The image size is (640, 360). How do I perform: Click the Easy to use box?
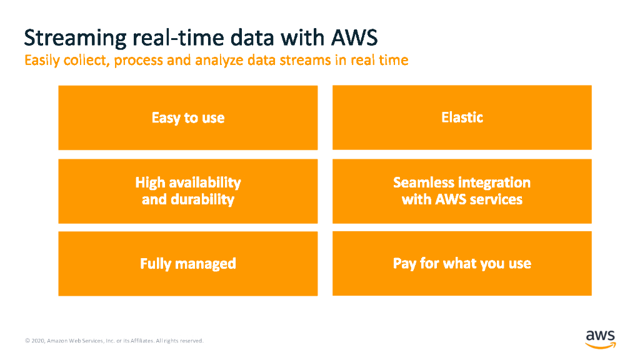click(187, 117)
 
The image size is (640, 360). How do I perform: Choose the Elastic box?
click(462, 117)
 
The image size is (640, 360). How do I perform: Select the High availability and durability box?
click(187, 191)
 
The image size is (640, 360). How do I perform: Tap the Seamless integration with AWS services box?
click(462, 191)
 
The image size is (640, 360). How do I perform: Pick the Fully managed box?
click(187, 264)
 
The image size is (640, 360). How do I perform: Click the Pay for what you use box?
click(462, 264)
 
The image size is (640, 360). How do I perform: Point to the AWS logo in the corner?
click(600, 337)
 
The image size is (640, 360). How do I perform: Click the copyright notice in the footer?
click(114, 341)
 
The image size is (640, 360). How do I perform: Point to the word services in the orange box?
click(496, 200)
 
